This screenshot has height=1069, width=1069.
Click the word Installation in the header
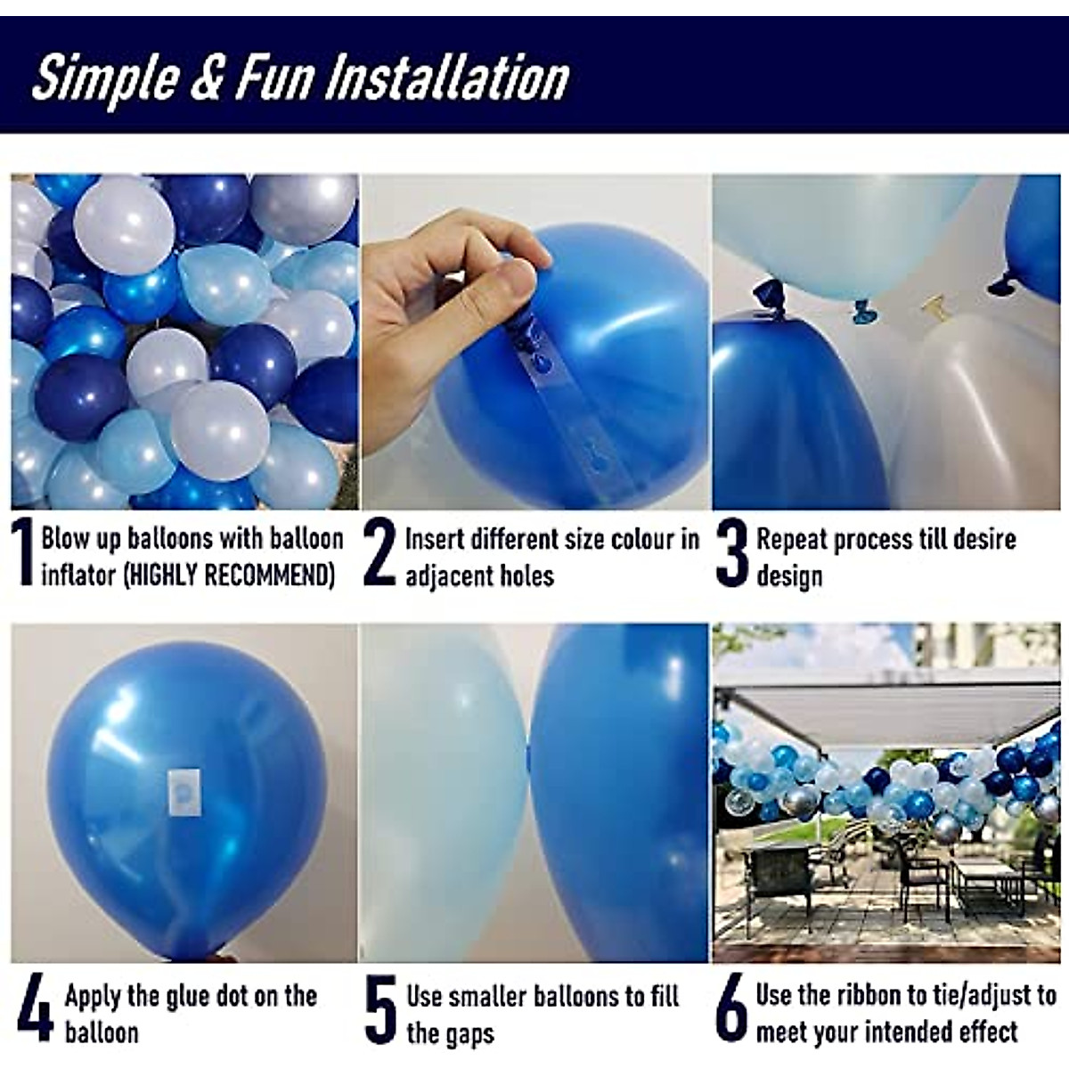coord(445,78)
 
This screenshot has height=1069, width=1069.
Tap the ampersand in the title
coord(206,78)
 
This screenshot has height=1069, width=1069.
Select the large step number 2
coord(379,554)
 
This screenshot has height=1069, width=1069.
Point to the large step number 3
coord(731,554)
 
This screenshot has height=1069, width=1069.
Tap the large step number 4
coord(34,1008)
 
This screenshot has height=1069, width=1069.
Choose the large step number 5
coord(380,1010)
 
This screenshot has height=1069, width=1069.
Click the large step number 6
coord(731,1009)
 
